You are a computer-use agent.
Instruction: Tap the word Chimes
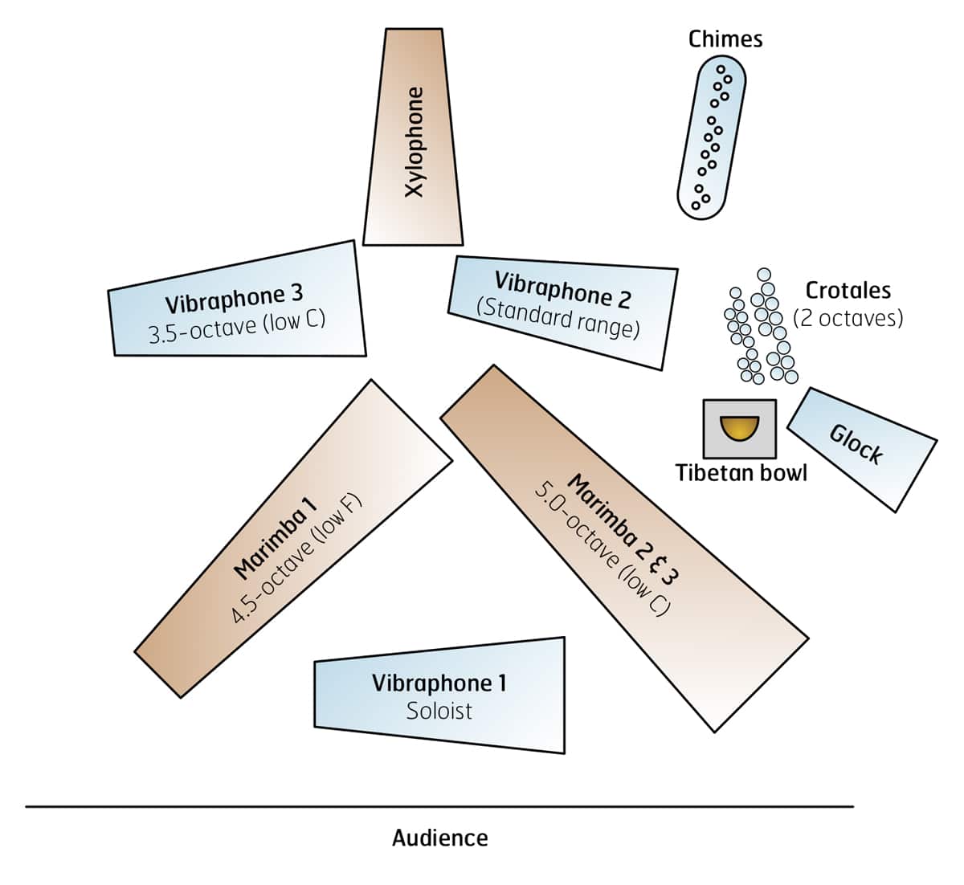coord(725,39)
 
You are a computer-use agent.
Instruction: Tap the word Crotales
coord(848,290)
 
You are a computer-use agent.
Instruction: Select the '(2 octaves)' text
coord(848,318)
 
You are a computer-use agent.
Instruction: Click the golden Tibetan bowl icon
coord(739,428)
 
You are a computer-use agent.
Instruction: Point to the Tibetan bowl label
coord(741,472)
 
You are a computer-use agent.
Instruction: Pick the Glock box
coord(861,448)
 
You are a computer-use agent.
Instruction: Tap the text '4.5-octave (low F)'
coord(297,560)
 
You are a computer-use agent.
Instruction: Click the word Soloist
coord(439,711)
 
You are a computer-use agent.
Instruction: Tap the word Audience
coord(439,838)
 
